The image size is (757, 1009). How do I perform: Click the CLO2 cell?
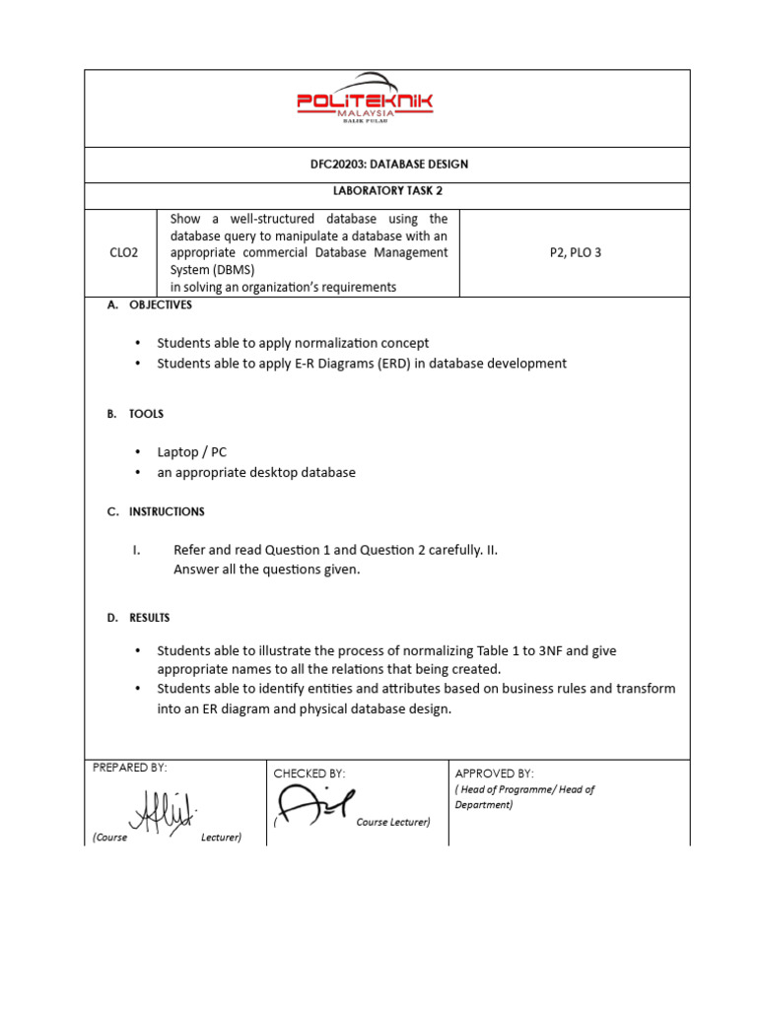(123, 252)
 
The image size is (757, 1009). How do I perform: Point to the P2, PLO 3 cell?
(575, 252)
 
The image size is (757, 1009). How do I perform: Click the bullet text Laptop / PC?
(191, 451)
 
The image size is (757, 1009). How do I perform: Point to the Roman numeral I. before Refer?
(137, 550)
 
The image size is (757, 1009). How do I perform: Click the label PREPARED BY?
(129, 767)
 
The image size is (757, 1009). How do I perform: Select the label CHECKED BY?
(309, 774)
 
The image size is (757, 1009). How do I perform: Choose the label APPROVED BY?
(494, 774)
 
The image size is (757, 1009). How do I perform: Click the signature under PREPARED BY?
(162, 812)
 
